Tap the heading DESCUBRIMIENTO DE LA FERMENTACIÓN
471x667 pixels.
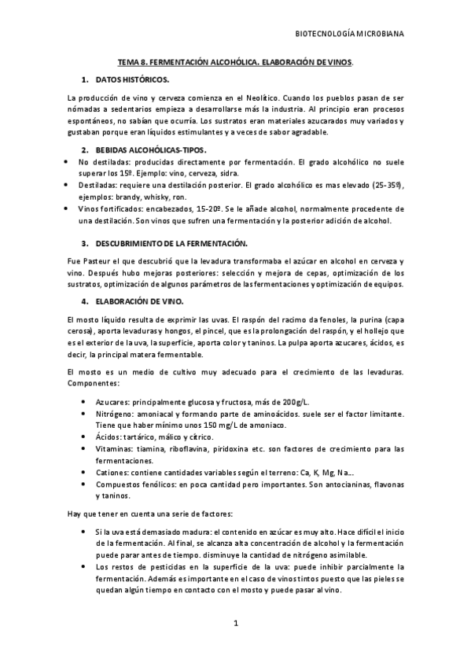pyautogui.click(x=171, y=244)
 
